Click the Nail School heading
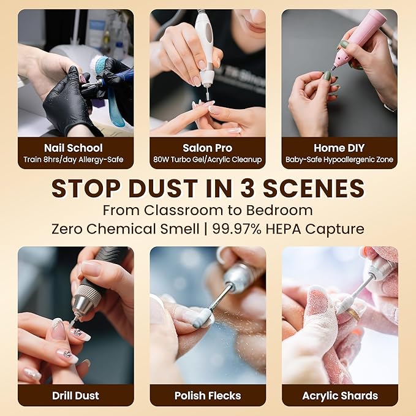(74, 148)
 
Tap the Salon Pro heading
(208, 148)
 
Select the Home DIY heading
(339, 148)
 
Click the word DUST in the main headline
(163, 189)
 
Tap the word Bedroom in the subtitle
(279, 210)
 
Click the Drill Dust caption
(75, 396)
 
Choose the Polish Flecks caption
(208, 396)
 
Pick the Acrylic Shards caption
(340, 396)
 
